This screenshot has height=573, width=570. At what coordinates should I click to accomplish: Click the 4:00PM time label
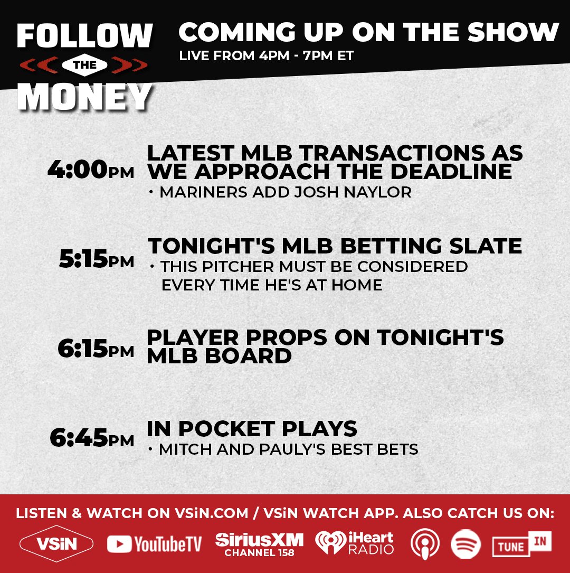(91, 170)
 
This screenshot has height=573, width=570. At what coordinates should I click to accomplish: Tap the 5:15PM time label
(97, 259)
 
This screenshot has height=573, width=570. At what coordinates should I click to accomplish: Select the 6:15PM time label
(96, 349)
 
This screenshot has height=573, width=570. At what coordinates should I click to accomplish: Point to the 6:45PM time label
(92, 438)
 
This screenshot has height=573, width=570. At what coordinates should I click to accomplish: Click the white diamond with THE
(85, 65)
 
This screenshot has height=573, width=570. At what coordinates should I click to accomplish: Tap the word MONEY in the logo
(84, 97)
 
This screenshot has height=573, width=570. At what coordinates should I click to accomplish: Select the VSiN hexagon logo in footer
(56, 544)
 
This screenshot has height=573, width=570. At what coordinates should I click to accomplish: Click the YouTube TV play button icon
(119, 544)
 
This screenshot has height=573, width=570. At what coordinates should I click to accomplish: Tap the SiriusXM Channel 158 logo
(259, 544)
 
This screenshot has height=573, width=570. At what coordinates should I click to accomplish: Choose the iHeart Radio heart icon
(330, 542)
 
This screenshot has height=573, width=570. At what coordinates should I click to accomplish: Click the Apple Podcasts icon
(425, 544)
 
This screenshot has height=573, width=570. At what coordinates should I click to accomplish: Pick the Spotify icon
(466, 544)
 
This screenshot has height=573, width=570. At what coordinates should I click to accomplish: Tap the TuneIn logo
(522, 544)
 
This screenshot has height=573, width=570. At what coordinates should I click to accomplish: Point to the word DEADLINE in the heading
(451, 172)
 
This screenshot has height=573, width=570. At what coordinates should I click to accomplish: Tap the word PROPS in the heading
(286, 337)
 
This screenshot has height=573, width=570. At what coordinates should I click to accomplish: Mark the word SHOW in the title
(514, 32)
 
